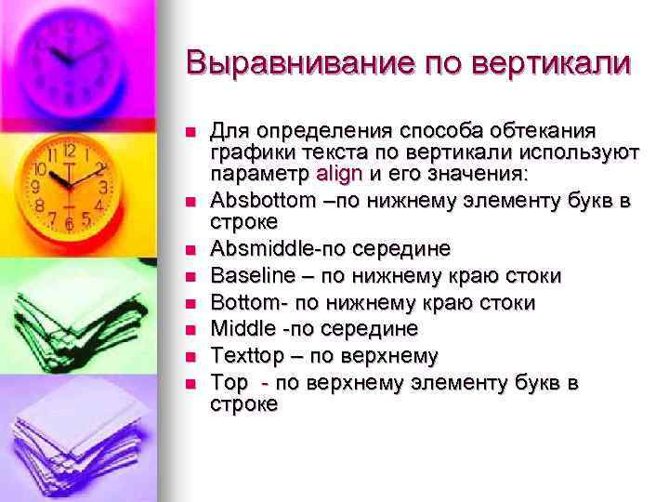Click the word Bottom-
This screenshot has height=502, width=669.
(x=244, y=303)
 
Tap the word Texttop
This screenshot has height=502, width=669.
(x=245, y=355)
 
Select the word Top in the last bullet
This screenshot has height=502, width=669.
(x=230, y=382)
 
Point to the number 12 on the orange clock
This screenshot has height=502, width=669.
(x=69, y=150)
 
